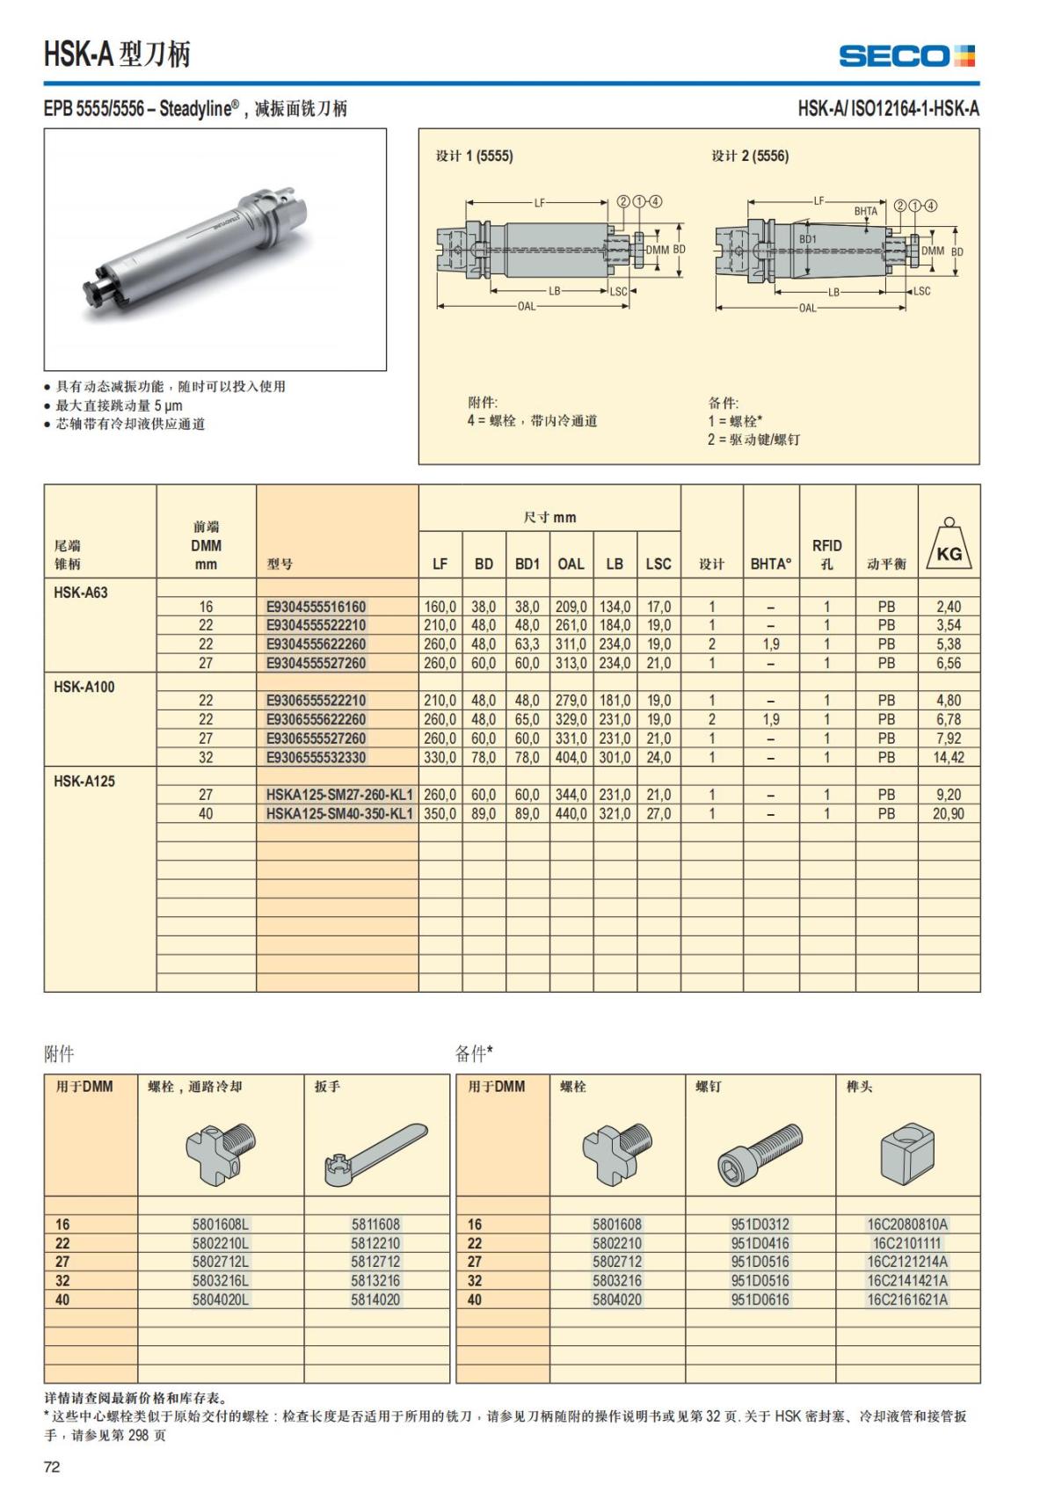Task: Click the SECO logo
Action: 906,56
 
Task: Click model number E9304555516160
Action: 316,607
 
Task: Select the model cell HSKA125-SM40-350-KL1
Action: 339,813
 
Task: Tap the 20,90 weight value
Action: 948,813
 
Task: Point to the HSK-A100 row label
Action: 84,687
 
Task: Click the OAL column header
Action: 571,564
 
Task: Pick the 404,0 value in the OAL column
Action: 571,757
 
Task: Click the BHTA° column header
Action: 771,564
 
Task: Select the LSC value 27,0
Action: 658,813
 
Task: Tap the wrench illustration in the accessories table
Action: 376,1153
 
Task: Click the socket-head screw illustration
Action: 760,1153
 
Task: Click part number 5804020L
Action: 221,1299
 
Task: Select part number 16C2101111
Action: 907,1243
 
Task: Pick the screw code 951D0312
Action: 760,1224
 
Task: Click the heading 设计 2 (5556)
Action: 750,156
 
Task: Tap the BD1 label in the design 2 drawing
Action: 807,239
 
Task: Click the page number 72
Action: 52,1467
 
